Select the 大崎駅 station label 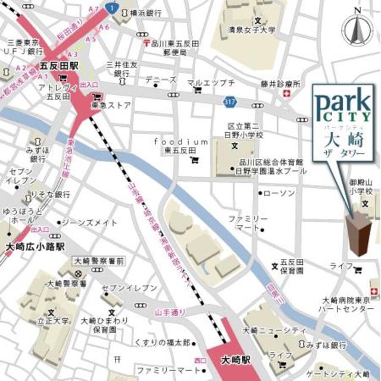(x=236, y=361)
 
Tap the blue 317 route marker (x=231, y=102)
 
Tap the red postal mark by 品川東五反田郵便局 (x=145, y=43)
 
